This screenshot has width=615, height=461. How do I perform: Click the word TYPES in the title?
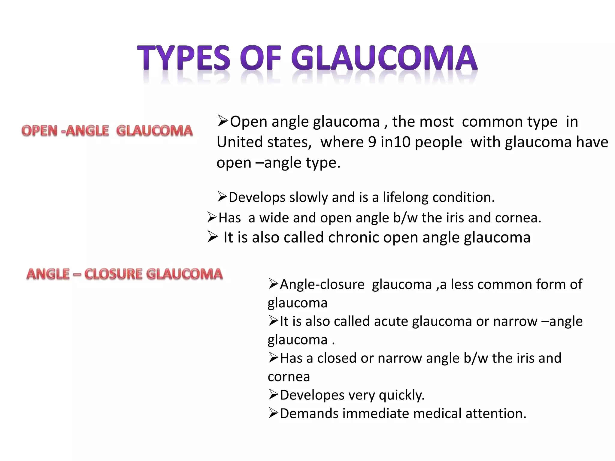pyautogui.click(x=184, y=57)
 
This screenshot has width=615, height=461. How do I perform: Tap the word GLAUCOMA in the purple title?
pyautogui.click(x=384, y=57)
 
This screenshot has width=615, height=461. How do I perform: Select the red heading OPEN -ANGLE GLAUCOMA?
pyautogui.click(x=107, y=131)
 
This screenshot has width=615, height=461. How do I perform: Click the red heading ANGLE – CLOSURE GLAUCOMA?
pyautogui.click(x=124, y=274)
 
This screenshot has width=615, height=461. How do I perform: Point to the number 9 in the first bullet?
pyautogui.click(x=372, y=142)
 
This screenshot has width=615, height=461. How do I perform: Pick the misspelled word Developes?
pyautogui.click(x=312, y=395)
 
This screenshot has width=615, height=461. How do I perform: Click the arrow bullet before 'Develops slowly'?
pyautogui.click(x=222, y=197)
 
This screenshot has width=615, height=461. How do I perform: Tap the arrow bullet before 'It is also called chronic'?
pyautogui.click(x=212, y=237)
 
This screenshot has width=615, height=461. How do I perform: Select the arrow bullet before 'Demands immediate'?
pyautogui.click(x=273, y=413)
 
